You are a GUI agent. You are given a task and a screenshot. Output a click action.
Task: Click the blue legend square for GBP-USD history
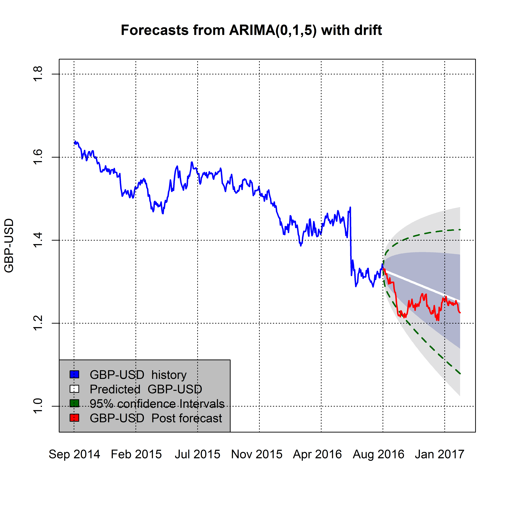[74, 375]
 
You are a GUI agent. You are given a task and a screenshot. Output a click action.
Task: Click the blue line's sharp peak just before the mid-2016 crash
[350, 207]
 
